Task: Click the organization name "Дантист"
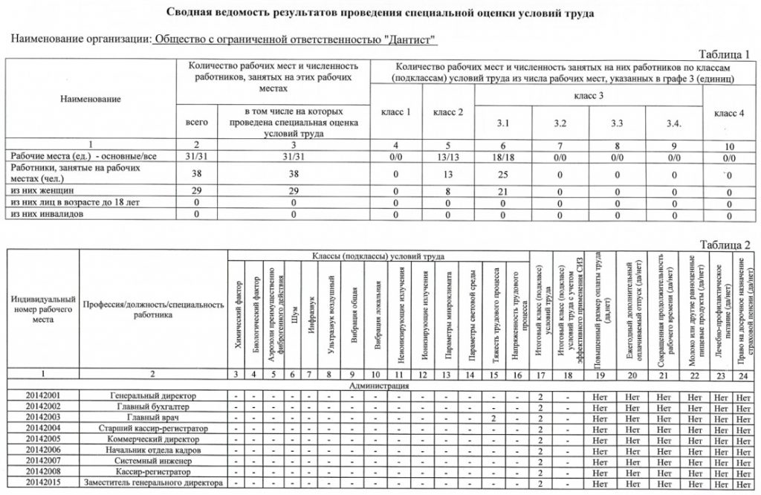click(x=292, y=39)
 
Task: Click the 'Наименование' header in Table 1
click(x=91, y=98)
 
